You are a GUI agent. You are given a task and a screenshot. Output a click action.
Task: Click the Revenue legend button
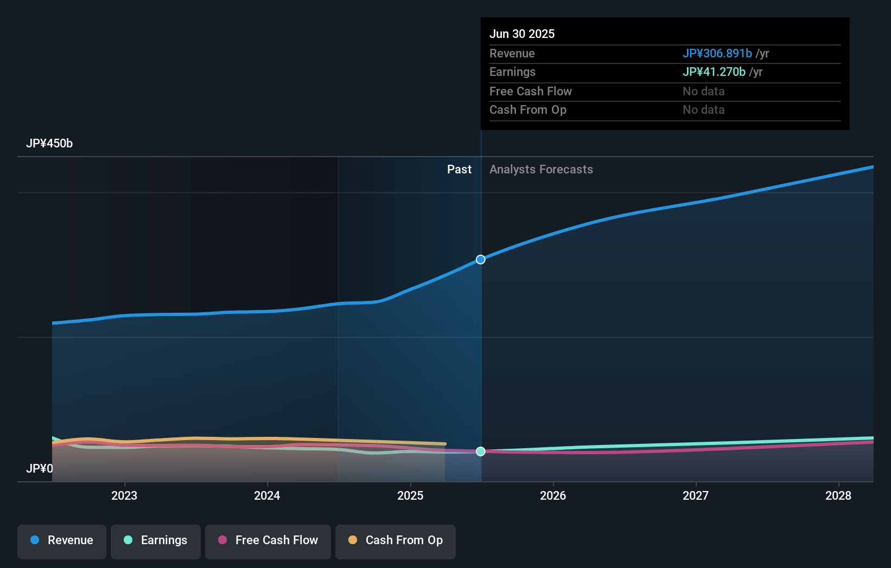coord(62,540)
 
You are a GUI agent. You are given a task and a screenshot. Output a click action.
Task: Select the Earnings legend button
coord(156,540)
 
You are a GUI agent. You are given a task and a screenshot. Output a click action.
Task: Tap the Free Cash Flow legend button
coord(268,540)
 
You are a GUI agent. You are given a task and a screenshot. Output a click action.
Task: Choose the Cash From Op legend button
coord(396,540)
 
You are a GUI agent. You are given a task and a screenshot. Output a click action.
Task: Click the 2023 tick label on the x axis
coord(124,495)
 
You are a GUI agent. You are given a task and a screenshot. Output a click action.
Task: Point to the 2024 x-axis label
coord(267,495)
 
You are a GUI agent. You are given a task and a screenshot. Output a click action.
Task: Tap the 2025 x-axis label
coord(410,495)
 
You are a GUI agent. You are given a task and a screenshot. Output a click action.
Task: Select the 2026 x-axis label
coord(553,495)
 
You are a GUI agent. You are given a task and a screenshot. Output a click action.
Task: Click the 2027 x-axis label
coord(696,495)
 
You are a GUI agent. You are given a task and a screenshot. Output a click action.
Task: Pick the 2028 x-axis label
coord(838,495)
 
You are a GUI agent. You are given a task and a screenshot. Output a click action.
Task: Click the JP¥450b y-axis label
coord(49,144)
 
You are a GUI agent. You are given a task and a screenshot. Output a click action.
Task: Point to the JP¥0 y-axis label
coord(40,468)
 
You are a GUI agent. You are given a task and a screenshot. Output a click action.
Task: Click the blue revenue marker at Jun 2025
coord(481,260)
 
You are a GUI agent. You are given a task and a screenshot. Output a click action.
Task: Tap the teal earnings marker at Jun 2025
coord(481,451)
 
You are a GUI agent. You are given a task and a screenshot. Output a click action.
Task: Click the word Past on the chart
coord(459,170)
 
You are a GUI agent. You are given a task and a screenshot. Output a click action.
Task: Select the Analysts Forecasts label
coord(541,170)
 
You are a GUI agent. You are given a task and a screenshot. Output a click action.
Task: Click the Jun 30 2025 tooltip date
coord(522,34)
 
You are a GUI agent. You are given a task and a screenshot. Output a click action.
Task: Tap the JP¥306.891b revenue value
coord(717,54)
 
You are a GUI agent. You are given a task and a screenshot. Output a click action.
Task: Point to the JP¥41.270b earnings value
coord(714,72)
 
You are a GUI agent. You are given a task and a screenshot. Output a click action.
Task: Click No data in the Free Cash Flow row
coord(703,92)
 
